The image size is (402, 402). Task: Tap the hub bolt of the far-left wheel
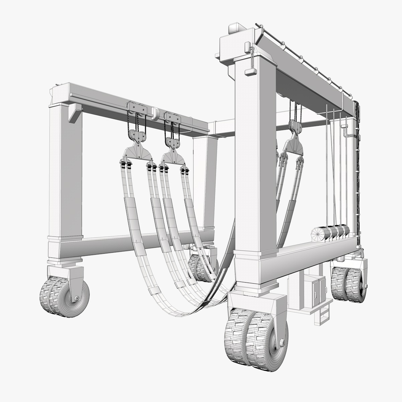[x=76, y=298]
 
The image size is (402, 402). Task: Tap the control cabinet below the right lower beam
[x=315, y=290]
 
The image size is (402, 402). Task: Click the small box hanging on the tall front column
[x=250, y=71]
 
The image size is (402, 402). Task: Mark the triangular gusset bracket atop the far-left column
[x=74, y=112]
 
